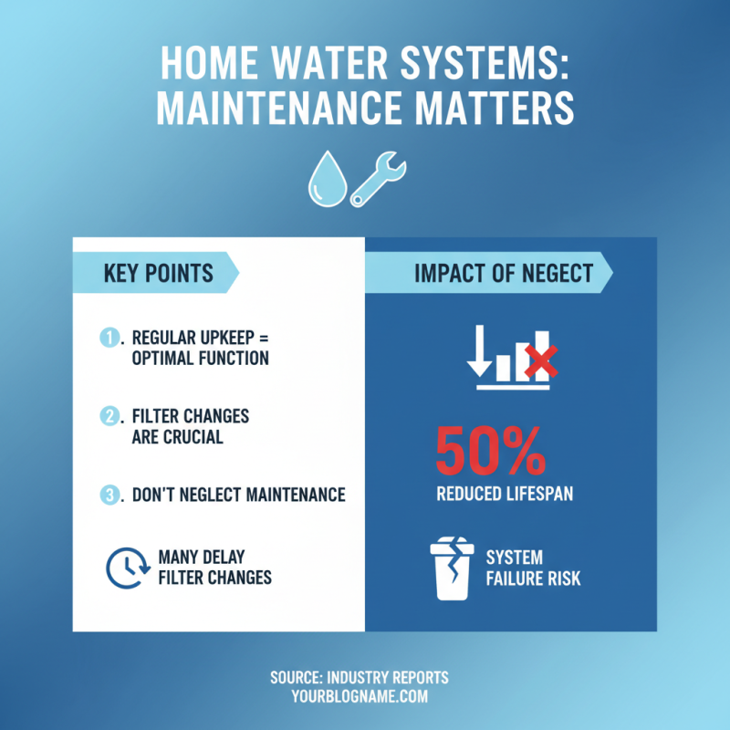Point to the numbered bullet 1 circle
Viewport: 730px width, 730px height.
[x=109, y=338]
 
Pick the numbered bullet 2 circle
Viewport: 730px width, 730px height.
[x=109, y=416]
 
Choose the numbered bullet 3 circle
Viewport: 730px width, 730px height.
[x=109, y=495]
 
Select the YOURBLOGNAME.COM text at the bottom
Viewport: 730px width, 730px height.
[x=360, y=696]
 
